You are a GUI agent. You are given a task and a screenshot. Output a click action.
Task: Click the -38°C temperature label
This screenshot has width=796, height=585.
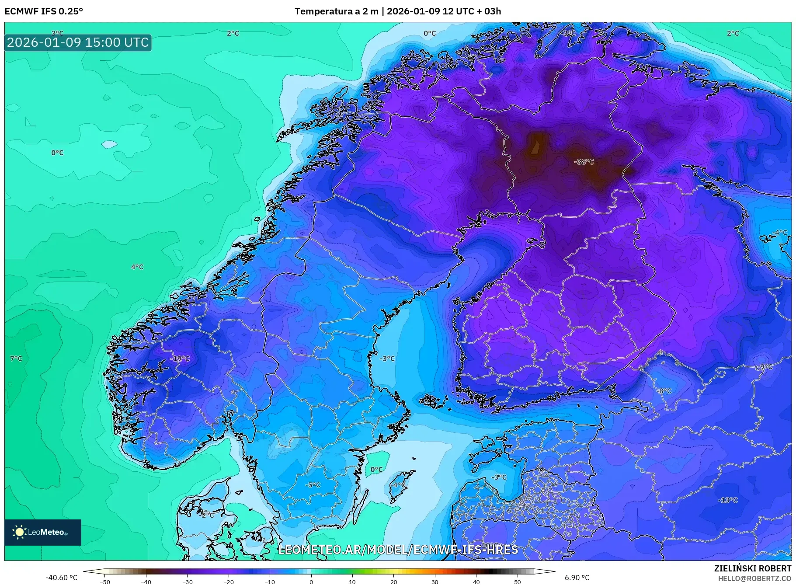click(x=584, y=162)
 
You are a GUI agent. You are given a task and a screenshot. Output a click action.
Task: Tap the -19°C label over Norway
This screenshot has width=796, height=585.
click(x=180, y=359)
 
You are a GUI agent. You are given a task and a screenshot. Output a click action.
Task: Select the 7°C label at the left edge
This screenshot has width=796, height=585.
click(x=16, y=359)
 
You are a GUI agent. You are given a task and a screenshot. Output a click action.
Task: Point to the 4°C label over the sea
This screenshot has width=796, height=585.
click(x=137, y=267)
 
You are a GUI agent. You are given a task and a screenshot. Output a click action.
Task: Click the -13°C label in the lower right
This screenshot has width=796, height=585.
click(x=728, y=500)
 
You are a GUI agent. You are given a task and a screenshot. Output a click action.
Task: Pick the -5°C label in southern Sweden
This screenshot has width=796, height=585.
click(x=313, y=485)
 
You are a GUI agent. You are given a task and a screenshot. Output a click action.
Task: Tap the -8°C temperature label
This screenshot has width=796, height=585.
click(x=664, y=390)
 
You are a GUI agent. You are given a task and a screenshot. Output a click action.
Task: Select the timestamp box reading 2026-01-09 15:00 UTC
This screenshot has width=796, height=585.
click(x=78, y=42)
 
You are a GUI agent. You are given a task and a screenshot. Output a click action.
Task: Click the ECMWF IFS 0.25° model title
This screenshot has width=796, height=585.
click(x=44, y=11)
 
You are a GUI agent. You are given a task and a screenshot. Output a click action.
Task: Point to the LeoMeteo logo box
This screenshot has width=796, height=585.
click(x=43, y=532)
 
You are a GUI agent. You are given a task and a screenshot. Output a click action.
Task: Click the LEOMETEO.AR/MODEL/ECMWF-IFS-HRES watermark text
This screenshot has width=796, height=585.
click(x=398, y=550)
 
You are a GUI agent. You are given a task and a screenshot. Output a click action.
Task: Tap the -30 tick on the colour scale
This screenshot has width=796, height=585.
click(x=187, y=582)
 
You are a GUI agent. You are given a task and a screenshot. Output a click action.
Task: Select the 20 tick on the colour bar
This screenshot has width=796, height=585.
click(x=393, y=582)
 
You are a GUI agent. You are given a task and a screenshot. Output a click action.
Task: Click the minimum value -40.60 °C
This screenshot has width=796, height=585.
click(x=61, y=578)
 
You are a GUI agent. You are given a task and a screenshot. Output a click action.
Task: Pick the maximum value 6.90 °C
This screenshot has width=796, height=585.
click(x=577, y=578)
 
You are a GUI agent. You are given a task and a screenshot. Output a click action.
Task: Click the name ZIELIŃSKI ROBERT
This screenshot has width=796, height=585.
click(x=752, y=568)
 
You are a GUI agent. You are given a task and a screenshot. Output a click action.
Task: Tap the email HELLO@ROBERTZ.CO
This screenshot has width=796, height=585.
click(x=754, y=578)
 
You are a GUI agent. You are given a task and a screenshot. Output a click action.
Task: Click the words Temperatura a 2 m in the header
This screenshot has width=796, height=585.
click(x=336, y=11)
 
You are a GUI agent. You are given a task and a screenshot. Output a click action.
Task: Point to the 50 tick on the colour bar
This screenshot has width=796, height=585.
click(x=517, y=582)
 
